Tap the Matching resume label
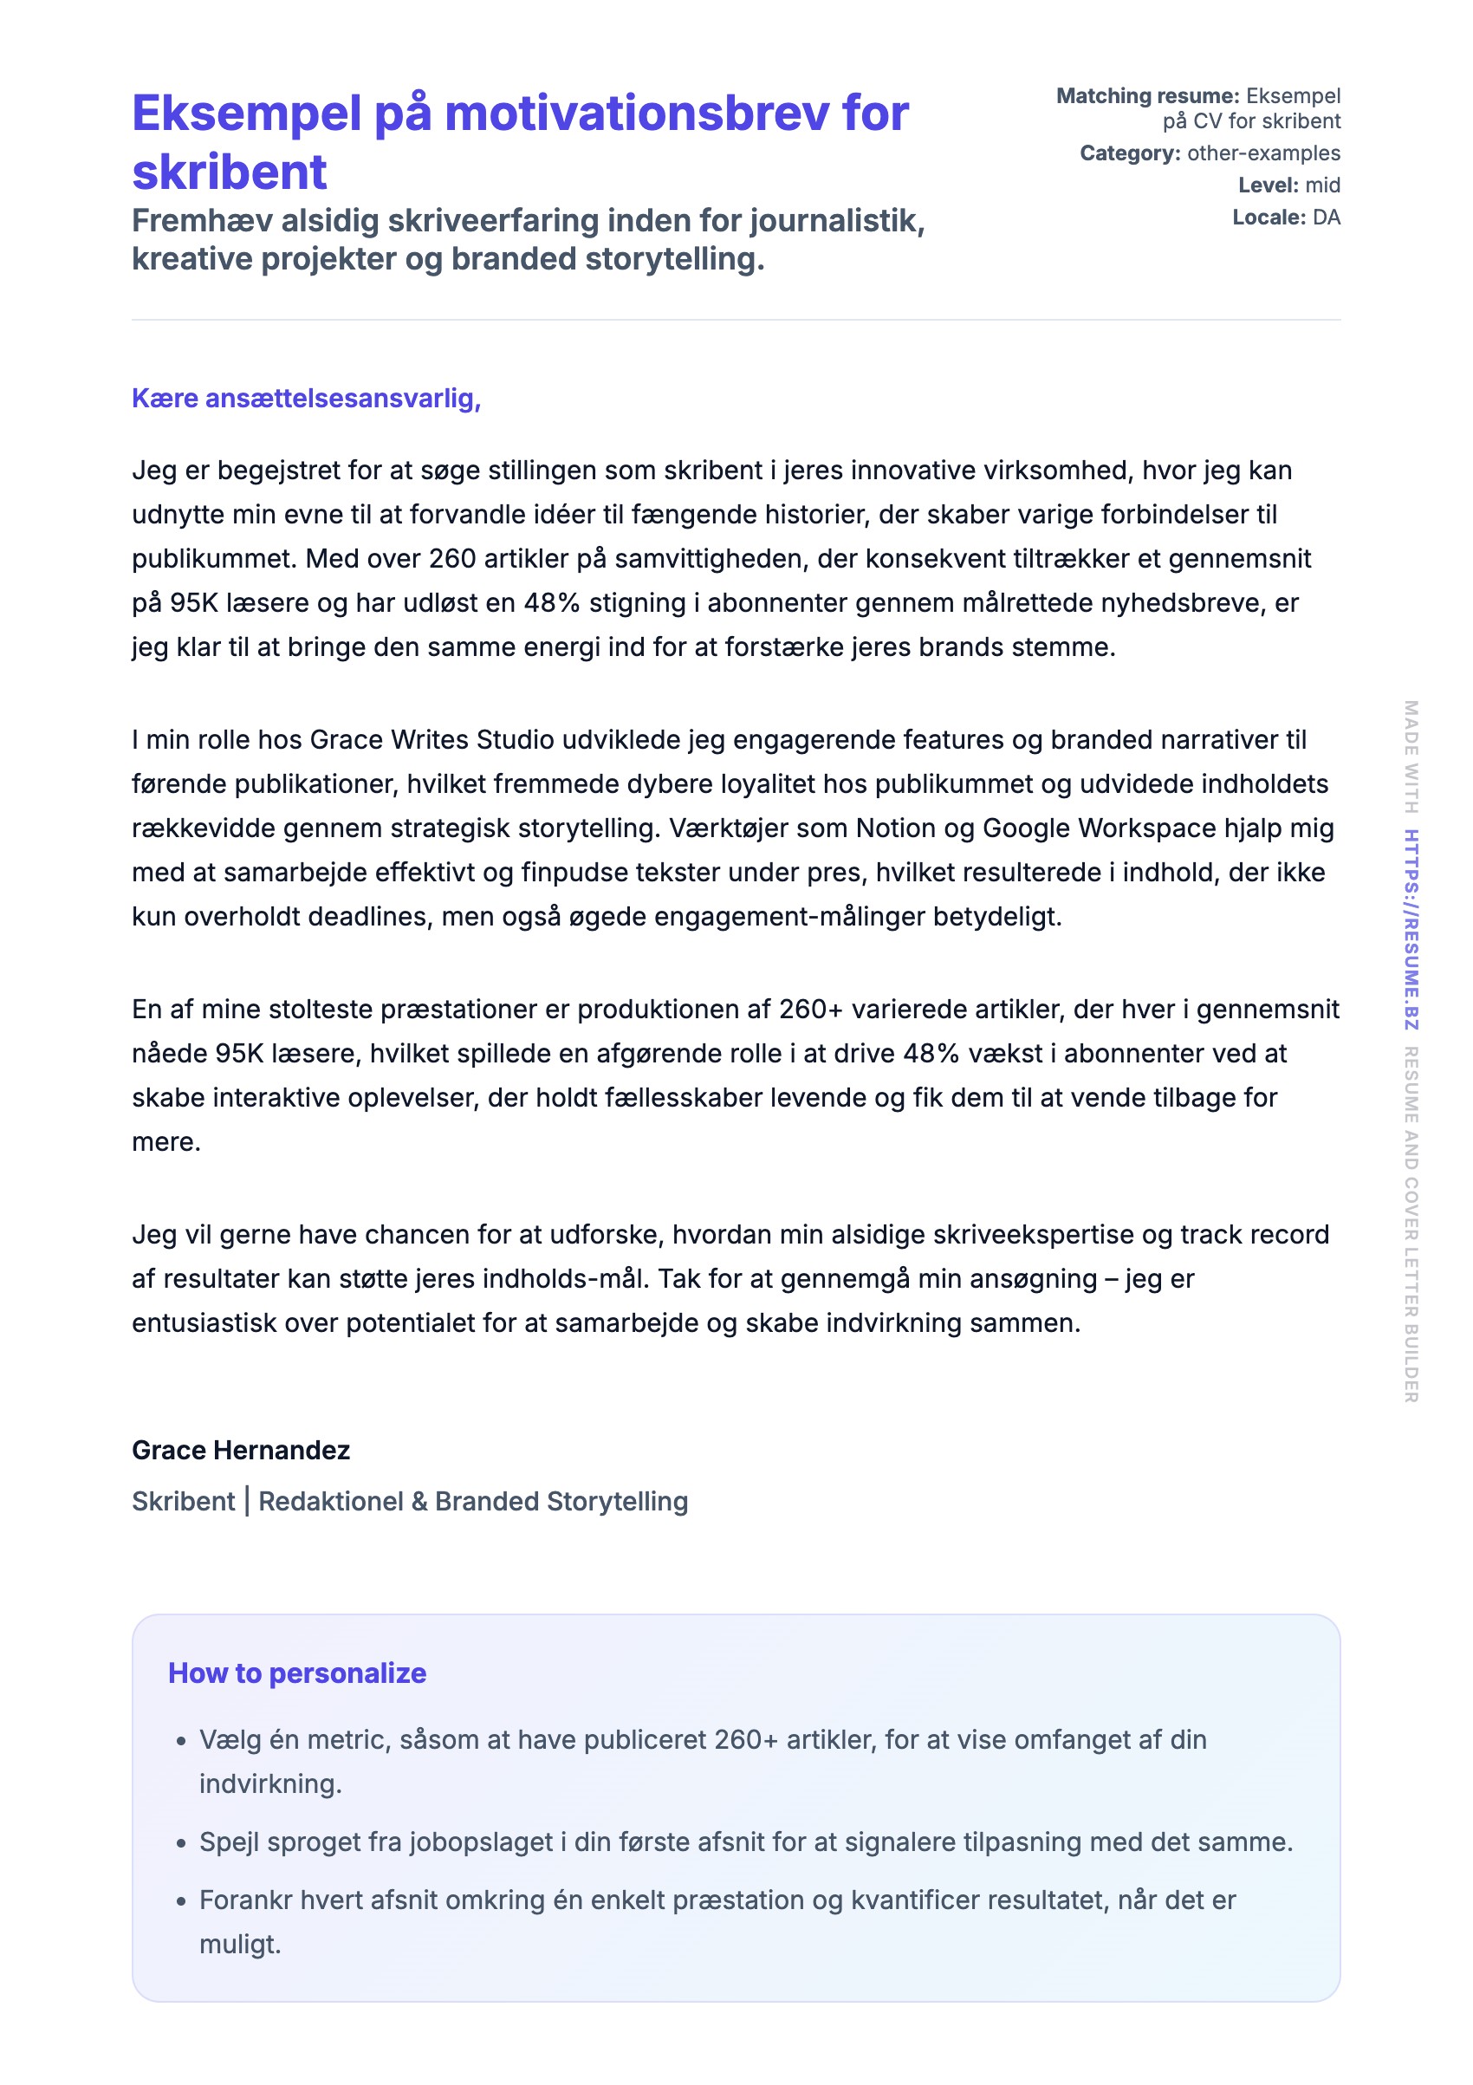[x=1147, y=96]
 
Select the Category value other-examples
[x=1262, y=153]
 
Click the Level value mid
[x=1322, y=185]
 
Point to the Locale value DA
[x=1326, y=217]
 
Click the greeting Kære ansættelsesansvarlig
[x=306, y=399]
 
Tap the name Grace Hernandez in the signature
[x=241, y=1451]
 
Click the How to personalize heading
[x=297, y=1673]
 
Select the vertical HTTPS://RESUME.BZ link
[x=1411, y=929]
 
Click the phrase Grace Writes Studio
[x=432, y=740]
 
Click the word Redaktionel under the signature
[x=331, y=1502]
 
